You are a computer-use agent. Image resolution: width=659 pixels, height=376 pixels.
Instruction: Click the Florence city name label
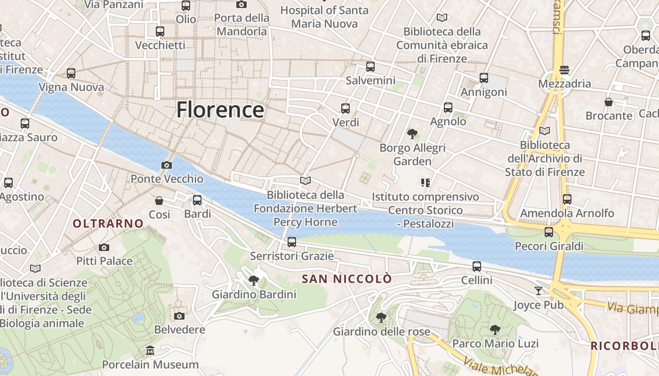pos(220,110)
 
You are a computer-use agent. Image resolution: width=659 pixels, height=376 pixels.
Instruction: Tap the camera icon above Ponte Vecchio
pos(166,165)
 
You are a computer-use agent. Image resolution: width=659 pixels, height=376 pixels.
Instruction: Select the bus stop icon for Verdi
pos(346,109)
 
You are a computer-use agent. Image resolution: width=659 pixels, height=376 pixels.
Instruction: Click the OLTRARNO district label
pos(108,224)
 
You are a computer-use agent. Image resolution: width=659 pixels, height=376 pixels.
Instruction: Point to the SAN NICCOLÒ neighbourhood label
pos(346,279)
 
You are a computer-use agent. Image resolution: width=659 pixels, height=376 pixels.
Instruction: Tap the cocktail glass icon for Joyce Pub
pos(538,291)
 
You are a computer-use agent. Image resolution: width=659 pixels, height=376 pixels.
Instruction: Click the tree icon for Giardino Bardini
pos(254,281)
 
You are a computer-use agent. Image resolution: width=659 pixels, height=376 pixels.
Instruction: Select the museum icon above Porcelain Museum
pos(150,351)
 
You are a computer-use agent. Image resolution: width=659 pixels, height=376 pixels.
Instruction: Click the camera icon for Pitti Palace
pos(104,247)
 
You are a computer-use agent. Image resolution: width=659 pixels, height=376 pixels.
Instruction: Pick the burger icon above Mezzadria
pos(564,70)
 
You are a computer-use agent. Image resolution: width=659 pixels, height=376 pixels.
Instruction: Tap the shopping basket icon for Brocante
pos(609,102)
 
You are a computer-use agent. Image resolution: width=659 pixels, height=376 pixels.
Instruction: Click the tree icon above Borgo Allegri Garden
pos(412,134)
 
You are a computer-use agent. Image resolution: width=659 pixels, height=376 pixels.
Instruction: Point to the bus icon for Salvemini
pos(370,67)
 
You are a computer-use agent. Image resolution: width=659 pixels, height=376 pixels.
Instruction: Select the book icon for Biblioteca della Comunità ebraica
pos(442,18)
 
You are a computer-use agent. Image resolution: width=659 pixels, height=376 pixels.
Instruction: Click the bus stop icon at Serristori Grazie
pos(292,242)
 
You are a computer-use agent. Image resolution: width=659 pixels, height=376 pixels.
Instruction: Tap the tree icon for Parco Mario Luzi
pos(495,329)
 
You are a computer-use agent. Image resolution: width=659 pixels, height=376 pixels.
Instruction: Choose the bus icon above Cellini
pos(477,266)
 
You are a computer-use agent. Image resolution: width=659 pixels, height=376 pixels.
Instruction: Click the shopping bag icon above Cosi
pos(159,201)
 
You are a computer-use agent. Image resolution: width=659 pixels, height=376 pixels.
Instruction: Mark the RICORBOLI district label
pos(624,346)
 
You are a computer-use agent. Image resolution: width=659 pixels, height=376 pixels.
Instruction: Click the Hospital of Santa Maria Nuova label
pos(325,17)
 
